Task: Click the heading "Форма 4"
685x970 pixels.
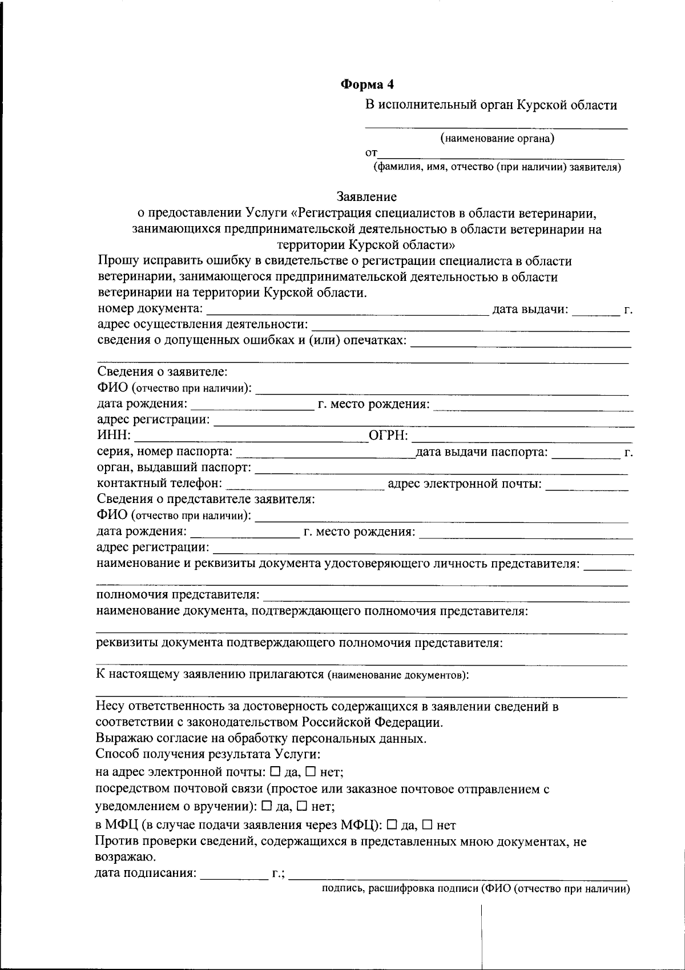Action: [x=367, y=84]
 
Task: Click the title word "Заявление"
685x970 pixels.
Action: [x=366, y=197]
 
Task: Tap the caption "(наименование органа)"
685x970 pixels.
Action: [x=497, y=138]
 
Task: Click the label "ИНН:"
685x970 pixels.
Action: [x=114, y=436]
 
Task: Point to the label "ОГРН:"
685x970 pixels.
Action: [x=389, y=436]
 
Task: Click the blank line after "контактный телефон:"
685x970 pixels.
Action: [x=305, y=485]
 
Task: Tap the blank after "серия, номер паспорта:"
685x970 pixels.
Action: [x=323, y=453]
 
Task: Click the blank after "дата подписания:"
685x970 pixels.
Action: [x=234, y=874]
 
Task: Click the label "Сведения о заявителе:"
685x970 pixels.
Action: [x=163, y=372]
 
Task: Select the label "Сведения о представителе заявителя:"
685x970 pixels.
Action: [x=206, y=499]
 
